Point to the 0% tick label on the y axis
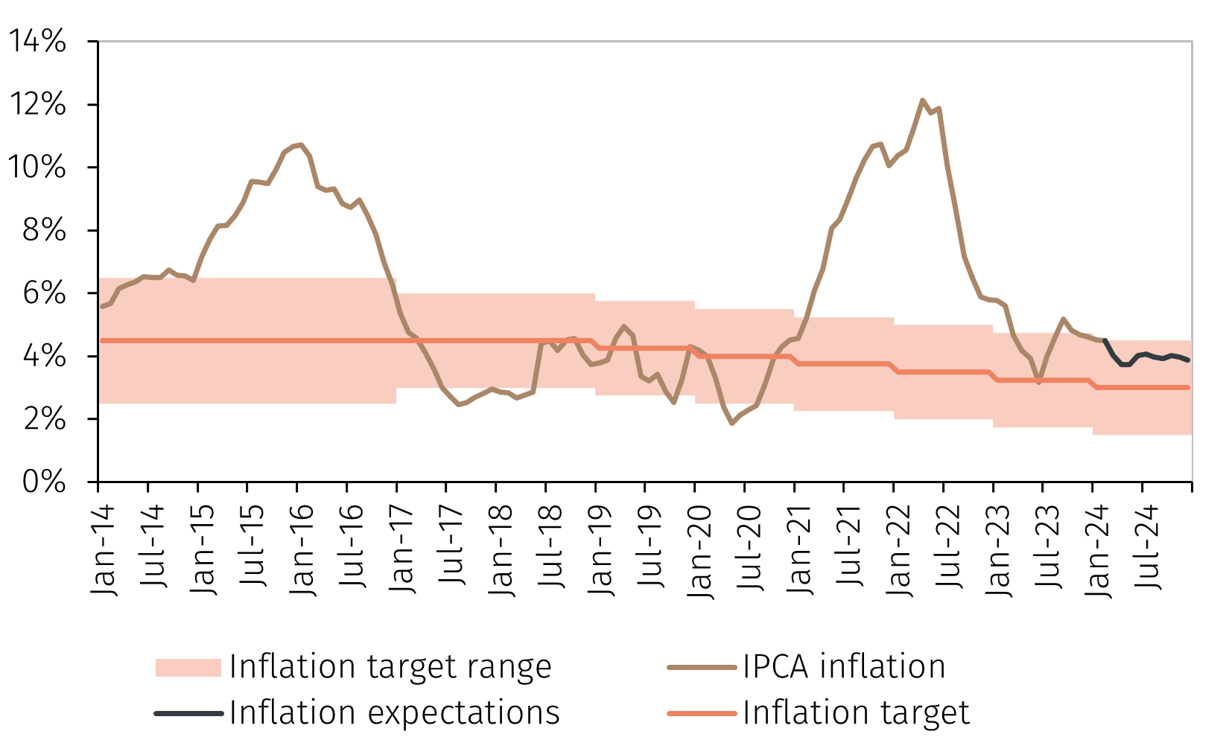[x=44, y=482]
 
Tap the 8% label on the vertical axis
[x=44, y=231]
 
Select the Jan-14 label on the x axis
[x=104, y=550]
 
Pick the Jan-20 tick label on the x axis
[x=700, y=550]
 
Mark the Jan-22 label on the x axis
[x=899, y=550]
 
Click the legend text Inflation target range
[x=390, y=666]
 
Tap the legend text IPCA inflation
[x=844, y=666]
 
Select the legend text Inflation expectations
[x=395, y=712]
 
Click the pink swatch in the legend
[x=188, y=667]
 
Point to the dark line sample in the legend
[x=188, y=713]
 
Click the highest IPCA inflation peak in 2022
[x=922, y=100]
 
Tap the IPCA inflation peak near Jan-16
[x=299, y=144]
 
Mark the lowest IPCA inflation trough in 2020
[x=732, y=423]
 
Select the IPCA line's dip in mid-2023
[x=1039, y=382]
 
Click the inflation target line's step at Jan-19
[x=596, y=345]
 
